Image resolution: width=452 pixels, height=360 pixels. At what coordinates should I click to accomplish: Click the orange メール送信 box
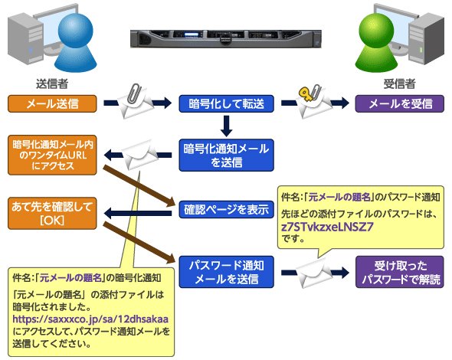pyautogui.click(x=52, y=103)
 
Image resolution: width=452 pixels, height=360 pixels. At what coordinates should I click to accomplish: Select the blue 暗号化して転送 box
pyautogui.click(x=226, y=103)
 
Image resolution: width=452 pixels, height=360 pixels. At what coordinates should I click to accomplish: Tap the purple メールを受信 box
pyautogui.click(x=400, y=103)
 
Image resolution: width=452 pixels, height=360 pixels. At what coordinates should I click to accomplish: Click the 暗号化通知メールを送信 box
pyautogui.click(x=226, y=155)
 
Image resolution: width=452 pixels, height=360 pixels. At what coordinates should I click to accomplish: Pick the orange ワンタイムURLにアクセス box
pyautogui.click(x=52, y=155)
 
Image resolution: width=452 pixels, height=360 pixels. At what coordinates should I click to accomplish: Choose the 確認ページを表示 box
pyautogui.click(x=226, y=210)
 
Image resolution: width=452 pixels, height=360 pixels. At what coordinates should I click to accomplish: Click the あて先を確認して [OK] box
pyautogui.click(x=52, y=213)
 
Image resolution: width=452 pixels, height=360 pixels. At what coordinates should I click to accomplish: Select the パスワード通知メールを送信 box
pyautogui.click(x=226, y=272)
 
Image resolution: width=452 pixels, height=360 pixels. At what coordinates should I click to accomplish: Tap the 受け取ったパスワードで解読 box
pyautogui.click(x=400, y=272)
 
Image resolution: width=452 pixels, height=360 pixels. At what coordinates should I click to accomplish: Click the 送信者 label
pyautogui.click(x=52, y=84)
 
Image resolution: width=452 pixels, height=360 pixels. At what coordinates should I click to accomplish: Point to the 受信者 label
pyautogui.click(x=400, y=84)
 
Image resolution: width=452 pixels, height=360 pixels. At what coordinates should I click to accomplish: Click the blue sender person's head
pyautogui.click(x=76, y=31)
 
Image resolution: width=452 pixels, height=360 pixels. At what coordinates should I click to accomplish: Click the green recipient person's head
pyautogui.click(x=376, y=31)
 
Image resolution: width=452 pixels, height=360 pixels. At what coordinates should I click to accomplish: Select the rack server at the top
pyautogui.click(x=226, y=38)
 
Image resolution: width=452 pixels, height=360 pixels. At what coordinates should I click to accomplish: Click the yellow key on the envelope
pyautogui.click(x=306, y=94)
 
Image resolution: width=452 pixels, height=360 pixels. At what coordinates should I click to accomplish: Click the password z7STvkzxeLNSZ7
pyautogui.click(x=327, y=227)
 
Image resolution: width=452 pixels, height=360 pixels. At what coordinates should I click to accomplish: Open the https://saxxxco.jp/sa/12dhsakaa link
pyautogui.click(x=90, y=319)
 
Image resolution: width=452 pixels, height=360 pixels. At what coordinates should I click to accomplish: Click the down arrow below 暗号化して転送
pyautogui.click(x=226, y=126)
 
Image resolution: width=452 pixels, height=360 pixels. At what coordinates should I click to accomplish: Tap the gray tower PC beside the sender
pyautogui.click(x=25, y=40)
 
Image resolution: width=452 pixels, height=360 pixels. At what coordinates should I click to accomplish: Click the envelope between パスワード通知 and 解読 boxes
pyautogui.click(x=313, y=273)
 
